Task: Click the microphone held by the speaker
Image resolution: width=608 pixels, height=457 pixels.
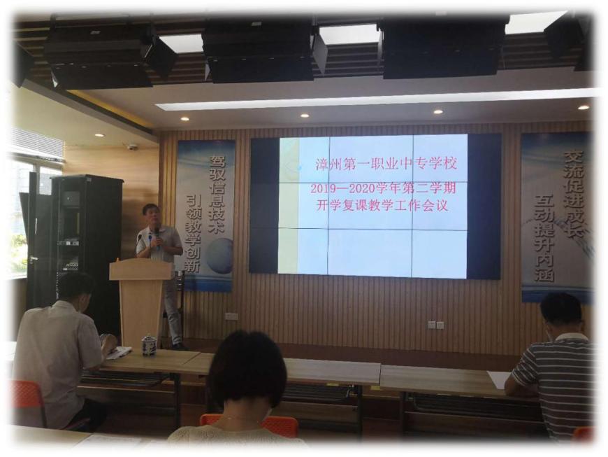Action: pyautogui.click(x=157, y=238)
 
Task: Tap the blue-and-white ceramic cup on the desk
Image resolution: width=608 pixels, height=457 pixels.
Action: pyautogui.click(x=149, y=345)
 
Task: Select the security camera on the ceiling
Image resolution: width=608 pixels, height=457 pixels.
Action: pyautogui.click(x=132, y=147)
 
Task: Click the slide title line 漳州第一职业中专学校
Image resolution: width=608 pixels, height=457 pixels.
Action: pyautogui.click(x=386, y=164)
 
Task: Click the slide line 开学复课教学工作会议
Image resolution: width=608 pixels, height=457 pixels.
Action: pyautogui.click(x=382, y=205)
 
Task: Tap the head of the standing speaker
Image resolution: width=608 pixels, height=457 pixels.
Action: pyautogui.click(x=150, y=215)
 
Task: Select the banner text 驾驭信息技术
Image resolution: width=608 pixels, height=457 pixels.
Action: pyautogui.click(x=217, y=194)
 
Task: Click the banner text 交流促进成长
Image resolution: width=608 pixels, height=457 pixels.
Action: pyautogui.click(x=574, y=194)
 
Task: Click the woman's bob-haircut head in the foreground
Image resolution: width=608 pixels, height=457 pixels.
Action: pyautogui.click(x=247, y=373)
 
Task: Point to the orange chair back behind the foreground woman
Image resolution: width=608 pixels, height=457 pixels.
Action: pyautogui.click(x=249, y=424)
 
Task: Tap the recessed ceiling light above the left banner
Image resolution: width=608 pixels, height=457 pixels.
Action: pyautogui.click(x=185, y=118)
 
